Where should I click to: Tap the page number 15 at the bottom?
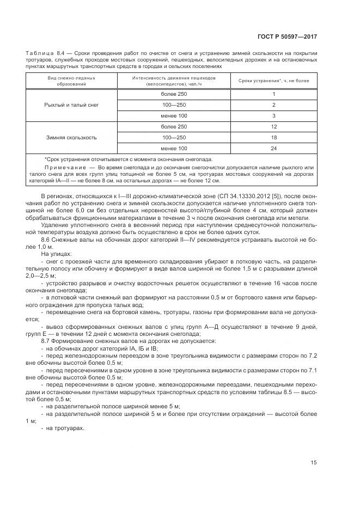point(313,463)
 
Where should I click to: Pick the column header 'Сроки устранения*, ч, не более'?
point(273,81)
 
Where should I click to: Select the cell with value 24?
point(273,148)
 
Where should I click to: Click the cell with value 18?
point(273,137)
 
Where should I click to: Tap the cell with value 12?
point(273,126)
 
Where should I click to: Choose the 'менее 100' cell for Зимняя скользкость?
point(174,148)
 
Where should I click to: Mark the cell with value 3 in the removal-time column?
point(273,115)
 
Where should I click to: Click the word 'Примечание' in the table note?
point(62,167)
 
